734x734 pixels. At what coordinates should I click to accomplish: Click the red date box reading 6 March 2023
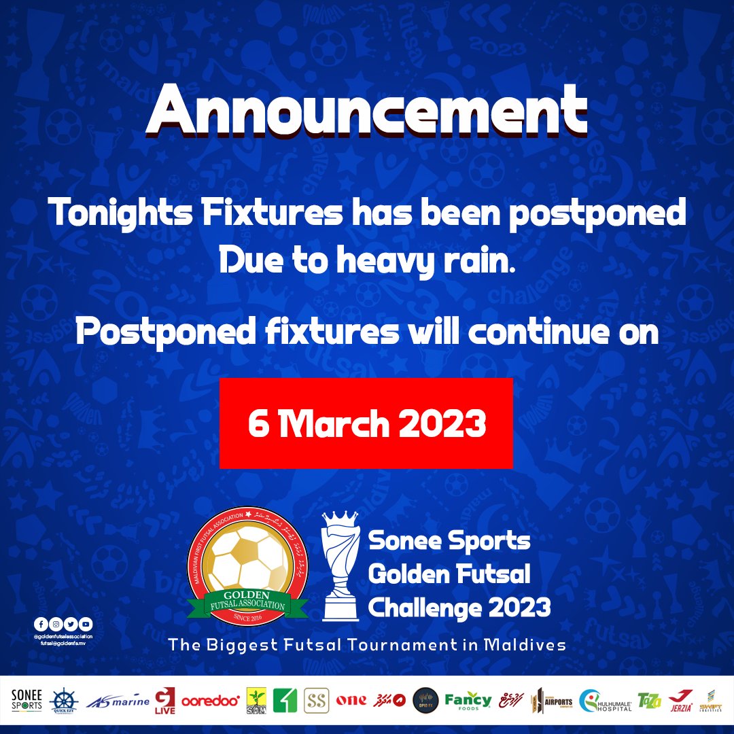coord(366,423)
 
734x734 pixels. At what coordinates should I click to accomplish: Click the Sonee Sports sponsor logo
coord(27,700)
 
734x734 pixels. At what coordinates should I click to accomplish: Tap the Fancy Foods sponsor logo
coord(468,700)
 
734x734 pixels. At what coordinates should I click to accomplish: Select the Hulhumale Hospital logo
coord(606,700)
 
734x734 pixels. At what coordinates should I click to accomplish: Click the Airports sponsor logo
coord(551,700)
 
